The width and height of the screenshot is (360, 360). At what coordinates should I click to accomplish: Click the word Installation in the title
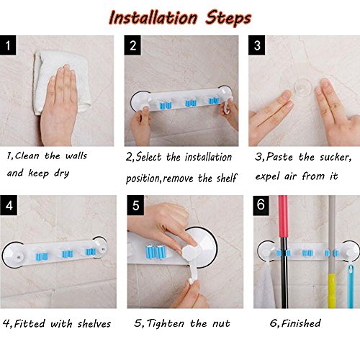point(153,18)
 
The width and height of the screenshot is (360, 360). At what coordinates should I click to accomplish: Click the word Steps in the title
point(228,19)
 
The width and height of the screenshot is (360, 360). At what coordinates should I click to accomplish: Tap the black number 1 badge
point(8,45)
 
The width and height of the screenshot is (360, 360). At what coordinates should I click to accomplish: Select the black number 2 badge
point(132,45)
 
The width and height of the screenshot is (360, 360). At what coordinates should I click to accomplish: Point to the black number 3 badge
point(257,45)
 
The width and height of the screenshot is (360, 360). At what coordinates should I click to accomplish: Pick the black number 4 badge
point(9,205)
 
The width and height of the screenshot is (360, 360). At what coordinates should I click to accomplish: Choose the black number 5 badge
point(135,205)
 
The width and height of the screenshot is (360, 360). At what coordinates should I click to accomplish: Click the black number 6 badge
point(261,204)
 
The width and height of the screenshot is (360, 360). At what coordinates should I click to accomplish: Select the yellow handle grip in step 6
point(332,290)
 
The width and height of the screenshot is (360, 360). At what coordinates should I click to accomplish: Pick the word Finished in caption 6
point(301,323)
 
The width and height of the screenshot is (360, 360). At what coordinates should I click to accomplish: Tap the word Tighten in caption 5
point(166,324)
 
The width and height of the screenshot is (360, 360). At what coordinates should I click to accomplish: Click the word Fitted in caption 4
point(30,324)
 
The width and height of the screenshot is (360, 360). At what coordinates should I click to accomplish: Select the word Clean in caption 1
point(27,156)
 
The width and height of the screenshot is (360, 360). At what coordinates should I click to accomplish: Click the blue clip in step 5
point(156,252)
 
